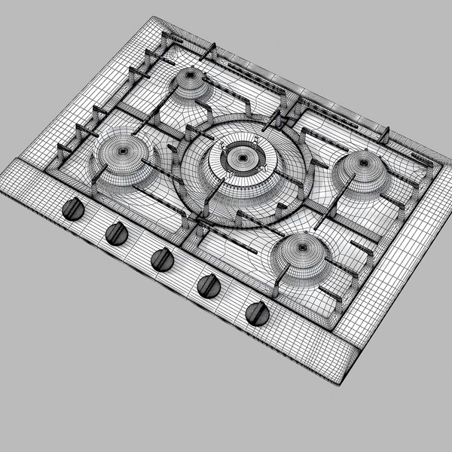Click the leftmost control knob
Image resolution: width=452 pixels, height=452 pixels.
(73, 209)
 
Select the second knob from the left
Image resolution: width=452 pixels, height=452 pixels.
(117, 234)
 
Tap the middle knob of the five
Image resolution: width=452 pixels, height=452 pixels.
(162, 259)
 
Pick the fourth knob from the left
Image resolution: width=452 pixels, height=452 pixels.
(208, 286)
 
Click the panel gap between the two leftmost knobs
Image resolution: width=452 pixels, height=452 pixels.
(95, 221)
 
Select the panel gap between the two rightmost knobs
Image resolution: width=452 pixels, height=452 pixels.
(233, 299)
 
